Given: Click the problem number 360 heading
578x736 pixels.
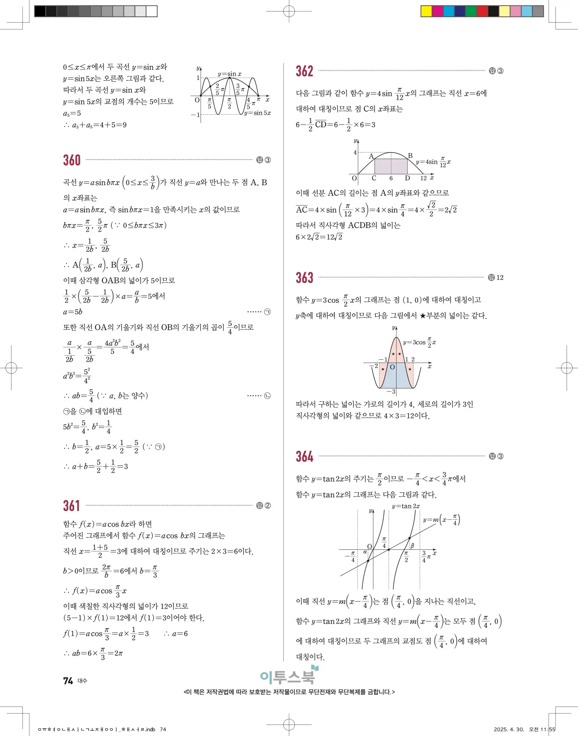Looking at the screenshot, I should tap(72, 160).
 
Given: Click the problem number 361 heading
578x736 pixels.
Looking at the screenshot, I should tap(71, 505).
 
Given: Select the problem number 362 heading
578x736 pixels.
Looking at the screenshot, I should tap(304, 71).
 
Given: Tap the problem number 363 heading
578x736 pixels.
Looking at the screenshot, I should tap(304, 278).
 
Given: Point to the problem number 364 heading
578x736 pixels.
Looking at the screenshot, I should tap(304, 456).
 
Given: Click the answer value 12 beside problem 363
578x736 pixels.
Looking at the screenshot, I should tap(500, 278).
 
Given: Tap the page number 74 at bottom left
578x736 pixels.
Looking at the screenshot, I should tap(68, 681).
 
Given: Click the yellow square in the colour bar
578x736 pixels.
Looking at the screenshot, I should tap(426, 11).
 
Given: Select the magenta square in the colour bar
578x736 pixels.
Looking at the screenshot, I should tap(437, 11).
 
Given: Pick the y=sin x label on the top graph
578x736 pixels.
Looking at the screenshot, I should tap(229, 74).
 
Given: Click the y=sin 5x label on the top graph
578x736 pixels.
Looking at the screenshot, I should tap(258, 113).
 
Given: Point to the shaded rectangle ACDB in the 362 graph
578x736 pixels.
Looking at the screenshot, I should tap(391, 166).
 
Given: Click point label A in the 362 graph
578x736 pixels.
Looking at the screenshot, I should tap(371, 156).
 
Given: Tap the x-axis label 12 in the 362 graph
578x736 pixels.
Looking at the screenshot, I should tap(423, 178).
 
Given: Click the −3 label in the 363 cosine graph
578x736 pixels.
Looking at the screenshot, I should tap(391, 392).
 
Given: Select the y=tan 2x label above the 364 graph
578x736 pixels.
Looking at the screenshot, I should tap(406, 506).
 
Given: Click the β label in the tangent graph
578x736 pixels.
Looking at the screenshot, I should tap(412, 546).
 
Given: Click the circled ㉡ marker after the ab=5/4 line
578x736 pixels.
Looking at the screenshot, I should tap(267, 396).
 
